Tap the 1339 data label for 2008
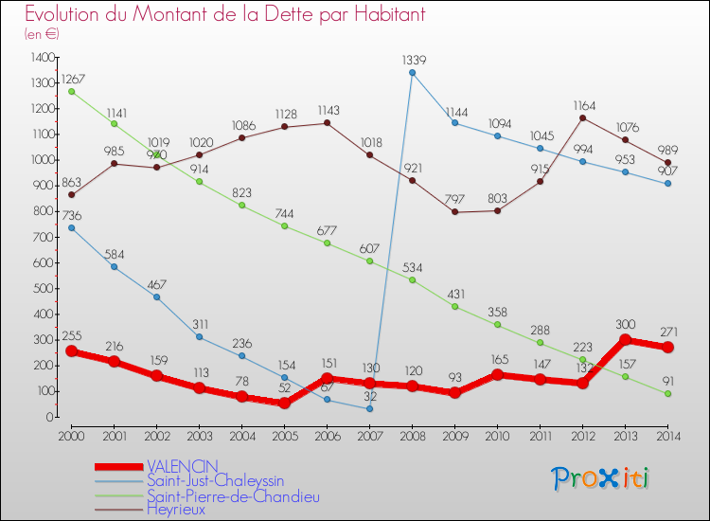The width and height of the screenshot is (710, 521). coord(412,59)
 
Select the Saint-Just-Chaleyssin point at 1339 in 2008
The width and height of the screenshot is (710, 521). coord(412,73)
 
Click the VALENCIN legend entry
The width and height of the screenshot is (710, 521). coord(182,466)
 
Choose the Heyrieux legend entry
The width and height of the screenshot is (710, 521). coord(175,509)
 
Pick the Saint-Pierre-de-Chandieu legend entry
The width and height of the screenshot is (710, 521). coord(233,494)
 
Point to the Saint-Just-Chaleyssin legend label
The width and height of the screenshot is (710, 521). coord(215,480)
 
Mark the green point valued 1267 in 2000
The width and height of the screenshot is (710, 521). coord(72,92)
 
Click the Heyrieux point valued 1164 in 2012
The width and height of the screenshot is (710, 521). coord(582,117)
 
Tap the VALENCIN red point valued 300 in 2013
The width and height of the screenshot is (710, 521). coord(625,340)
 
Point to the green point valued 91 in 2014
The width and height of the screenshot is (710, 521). coord(667,393)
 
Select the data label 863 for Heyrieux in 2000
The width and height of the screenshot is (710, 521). coord(72,181)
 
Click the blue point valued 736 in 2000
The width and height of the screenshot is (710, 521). coord(72,227)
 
